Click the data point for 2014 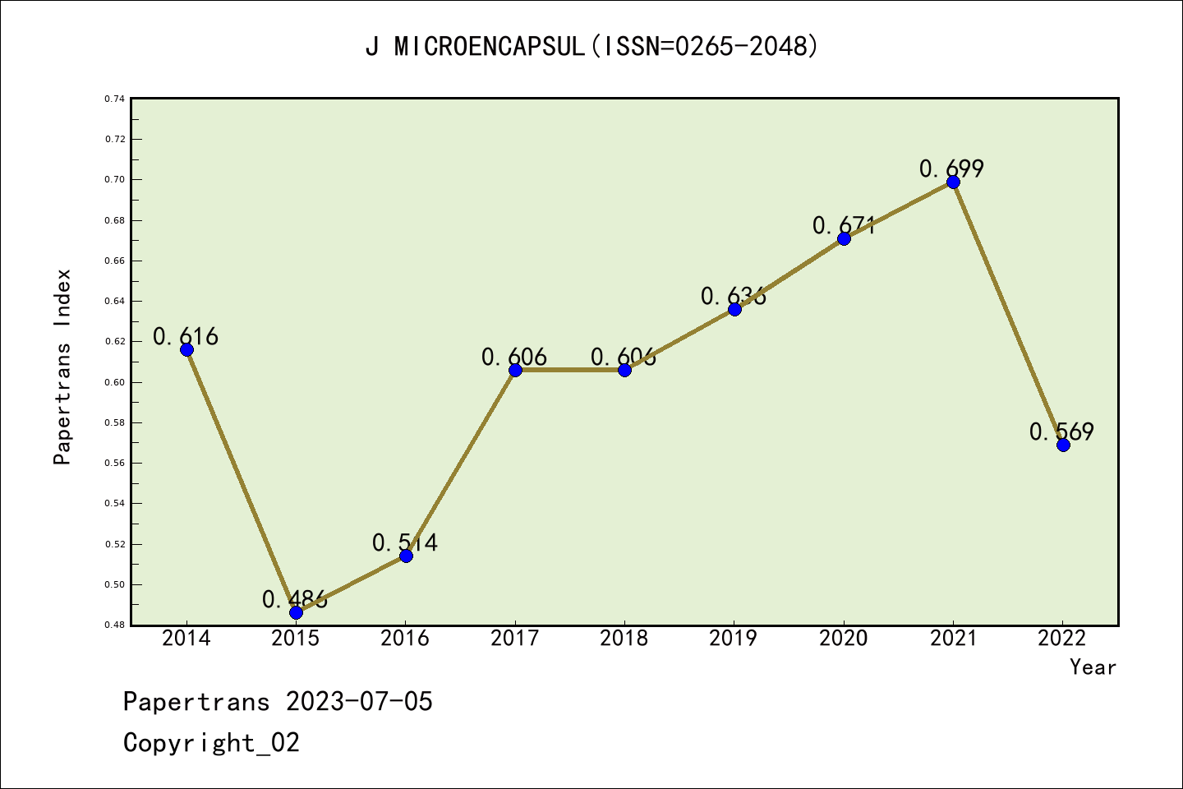[186, 349]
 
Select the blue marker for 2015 [296, 612]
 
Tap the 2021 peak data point [953, 182]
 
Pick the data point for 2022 [1063, 445]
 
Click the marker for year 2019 [734, 309]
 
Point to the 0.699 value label [951, 168]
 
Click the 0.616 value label [186, 336]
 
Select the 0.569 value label [1061, 431]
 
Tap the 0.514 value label [405, 542]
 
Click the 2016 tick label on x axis [405, 639]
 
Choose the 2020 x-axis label [844, 639]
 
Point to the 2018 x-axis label [624, 639]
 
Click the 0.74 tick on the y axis [114, 99]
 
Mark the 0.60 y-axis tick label [114, 382]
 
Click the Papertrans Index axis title [62, 367]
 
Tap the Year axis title [1093, 667]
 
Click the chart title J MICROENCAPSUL [591, 47]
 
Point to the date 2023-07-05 [359, 702]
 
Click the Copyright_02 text [211, 743]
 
